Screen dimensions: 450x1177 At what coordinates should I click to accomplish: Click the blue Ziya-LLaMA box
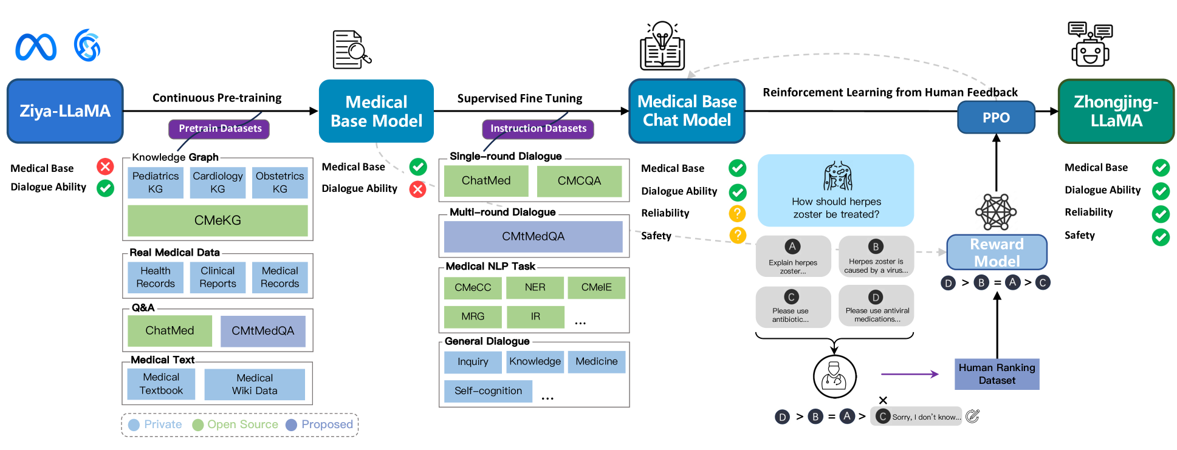(x=65, y=111)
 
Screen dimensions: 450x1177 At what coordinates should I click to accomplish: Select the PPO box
(x=996, y=118)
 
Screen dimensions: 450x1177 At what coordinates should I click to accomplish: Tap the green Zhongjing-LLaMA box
(x=1116, y=111)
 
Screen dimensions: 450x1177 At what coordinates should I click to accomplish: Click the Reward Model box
(x=997, y=253)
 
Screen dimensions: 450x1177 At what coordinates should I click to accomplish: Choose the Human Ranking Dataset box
(x=997, y=374)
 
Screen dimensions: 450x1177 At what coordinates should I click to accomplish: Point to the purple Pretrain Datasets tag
(x=219, y=129)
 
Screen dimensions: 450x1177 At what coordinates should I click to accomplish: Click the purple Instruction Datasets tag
(x=538, y=129)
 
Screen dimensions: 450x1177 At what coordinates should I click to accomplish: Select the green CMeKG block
(x=218, y=220)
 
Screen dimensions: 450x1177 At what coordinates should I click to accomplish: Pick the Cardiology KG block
(x=218, y=182)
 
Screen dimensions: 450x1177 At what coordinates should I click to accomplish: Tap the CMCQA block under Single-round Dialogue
(x=579, y=181)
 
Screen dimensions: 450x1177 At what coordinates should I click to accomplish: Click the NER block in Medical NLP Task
(x=535, y=287)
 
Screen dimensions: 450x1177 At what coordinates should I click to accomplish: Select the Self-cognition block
(x=488, y=391)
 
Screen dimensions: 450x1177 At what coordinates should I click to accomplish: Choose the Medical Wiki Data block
(x=255, y=384)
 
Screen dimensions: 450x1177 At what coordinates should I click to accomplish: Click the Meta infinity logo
(x=36, y=47)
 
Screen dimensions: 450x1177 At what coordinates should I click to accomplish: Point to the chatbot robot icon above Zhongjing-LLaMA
(x=1090, y=45)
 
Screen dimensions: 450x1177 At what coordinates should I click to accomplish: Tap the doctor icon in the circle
(x=834, y=377)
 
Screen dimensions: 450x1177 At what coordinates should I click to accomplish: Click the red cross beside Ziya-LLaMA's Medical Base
(x=105, y=167)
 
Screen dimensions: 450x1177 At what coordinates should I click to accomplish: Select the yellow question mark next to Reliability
(x=737, y=213)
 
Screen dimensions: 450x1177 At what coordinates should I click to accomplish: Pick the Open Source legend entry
(x=235, y=424)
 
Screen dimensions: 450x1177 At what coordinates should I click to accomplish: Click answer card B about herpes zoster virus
(x=876, y=257)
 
